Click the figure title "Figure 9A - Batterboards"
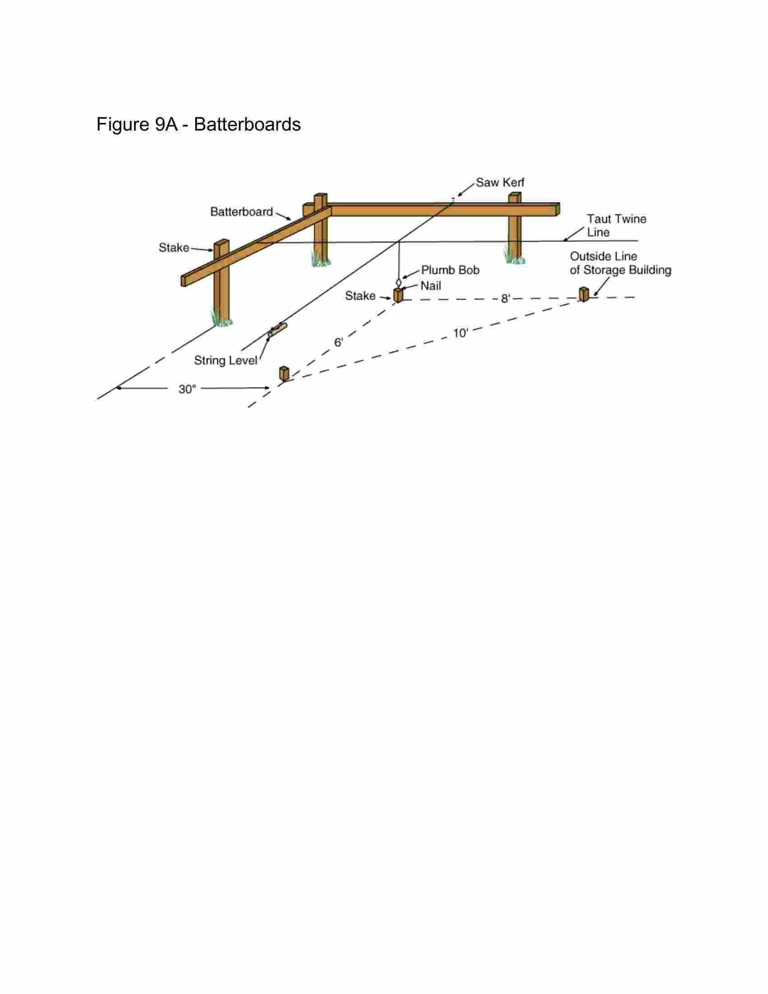click(198, 125)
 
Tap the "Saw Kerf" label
click(500, 183)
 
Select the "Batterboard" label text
click(242, 211)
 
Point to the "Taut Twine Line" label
click(617, 226)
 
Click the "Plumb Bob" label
click(450, 270)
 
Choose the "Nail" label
click(431, 286)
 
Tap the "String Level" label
click(226, 361)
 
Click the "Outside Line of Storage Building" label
click(621, 263)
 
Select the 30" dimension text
click(187, 389)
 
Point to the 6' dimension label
click(338, 342)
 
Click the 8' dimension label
click(506, 299)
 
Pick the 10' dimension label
click(460, 333)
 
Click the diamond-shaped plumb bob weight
click(399, 282)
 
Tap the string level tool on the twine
click(277, 330)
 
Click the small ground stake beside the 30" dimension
click(284, 374)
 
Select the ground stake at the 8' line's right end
click(584, 294)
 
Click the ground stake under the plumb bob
click(398, 295)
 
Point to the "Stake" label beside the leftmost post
click(174, 248)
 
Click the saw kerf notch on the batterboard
click(453, 200)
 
